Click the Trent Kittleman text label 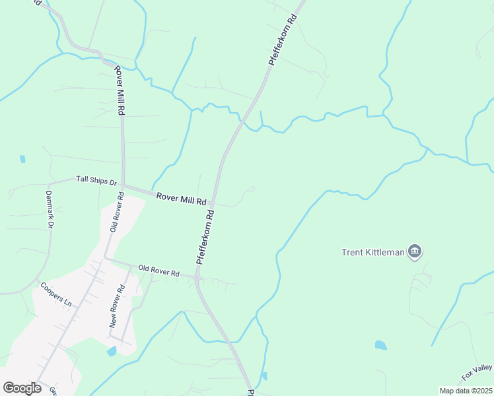pos(373,251)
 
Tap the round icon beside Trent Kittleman pos(415,251)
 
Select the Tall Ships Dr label pos(96,180)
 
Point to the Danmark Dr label pos(48,209)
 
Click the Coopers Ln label pos(55,294)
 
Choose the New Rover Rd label pos(117,306)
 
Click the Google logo pos(22,387)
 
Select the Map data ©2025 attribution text pos(465,391)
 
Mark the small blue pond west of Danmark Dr pos(22,159)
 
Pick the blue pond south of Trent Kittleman pos(380,345)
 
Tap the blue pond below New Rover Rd pos(112,351)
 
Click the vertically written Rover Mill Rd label pos(120,90)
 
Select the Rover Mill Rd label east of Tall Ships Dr pos(182,198)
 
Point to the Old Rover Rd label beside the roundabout pos(159,271)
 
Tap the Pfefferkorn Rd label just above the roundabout pos(205,237)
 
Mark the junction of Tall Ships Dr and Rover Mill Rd pos(123,186)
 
